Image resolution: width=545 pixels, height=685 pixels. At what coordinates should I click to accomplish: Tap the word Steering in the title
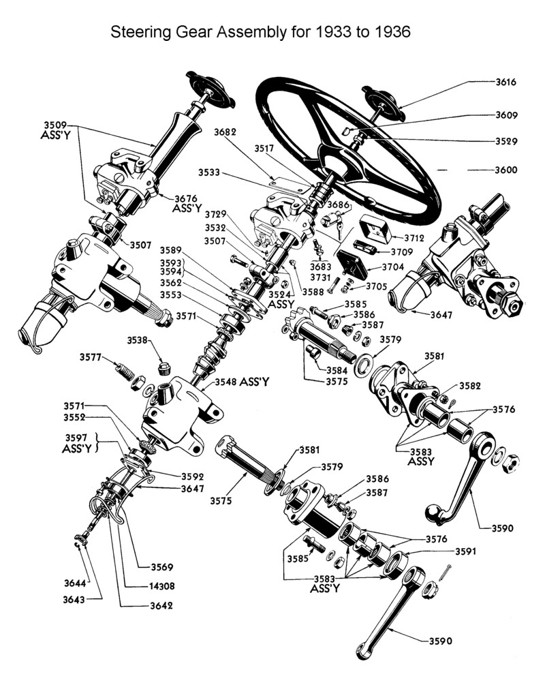(x=138, y=32)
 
